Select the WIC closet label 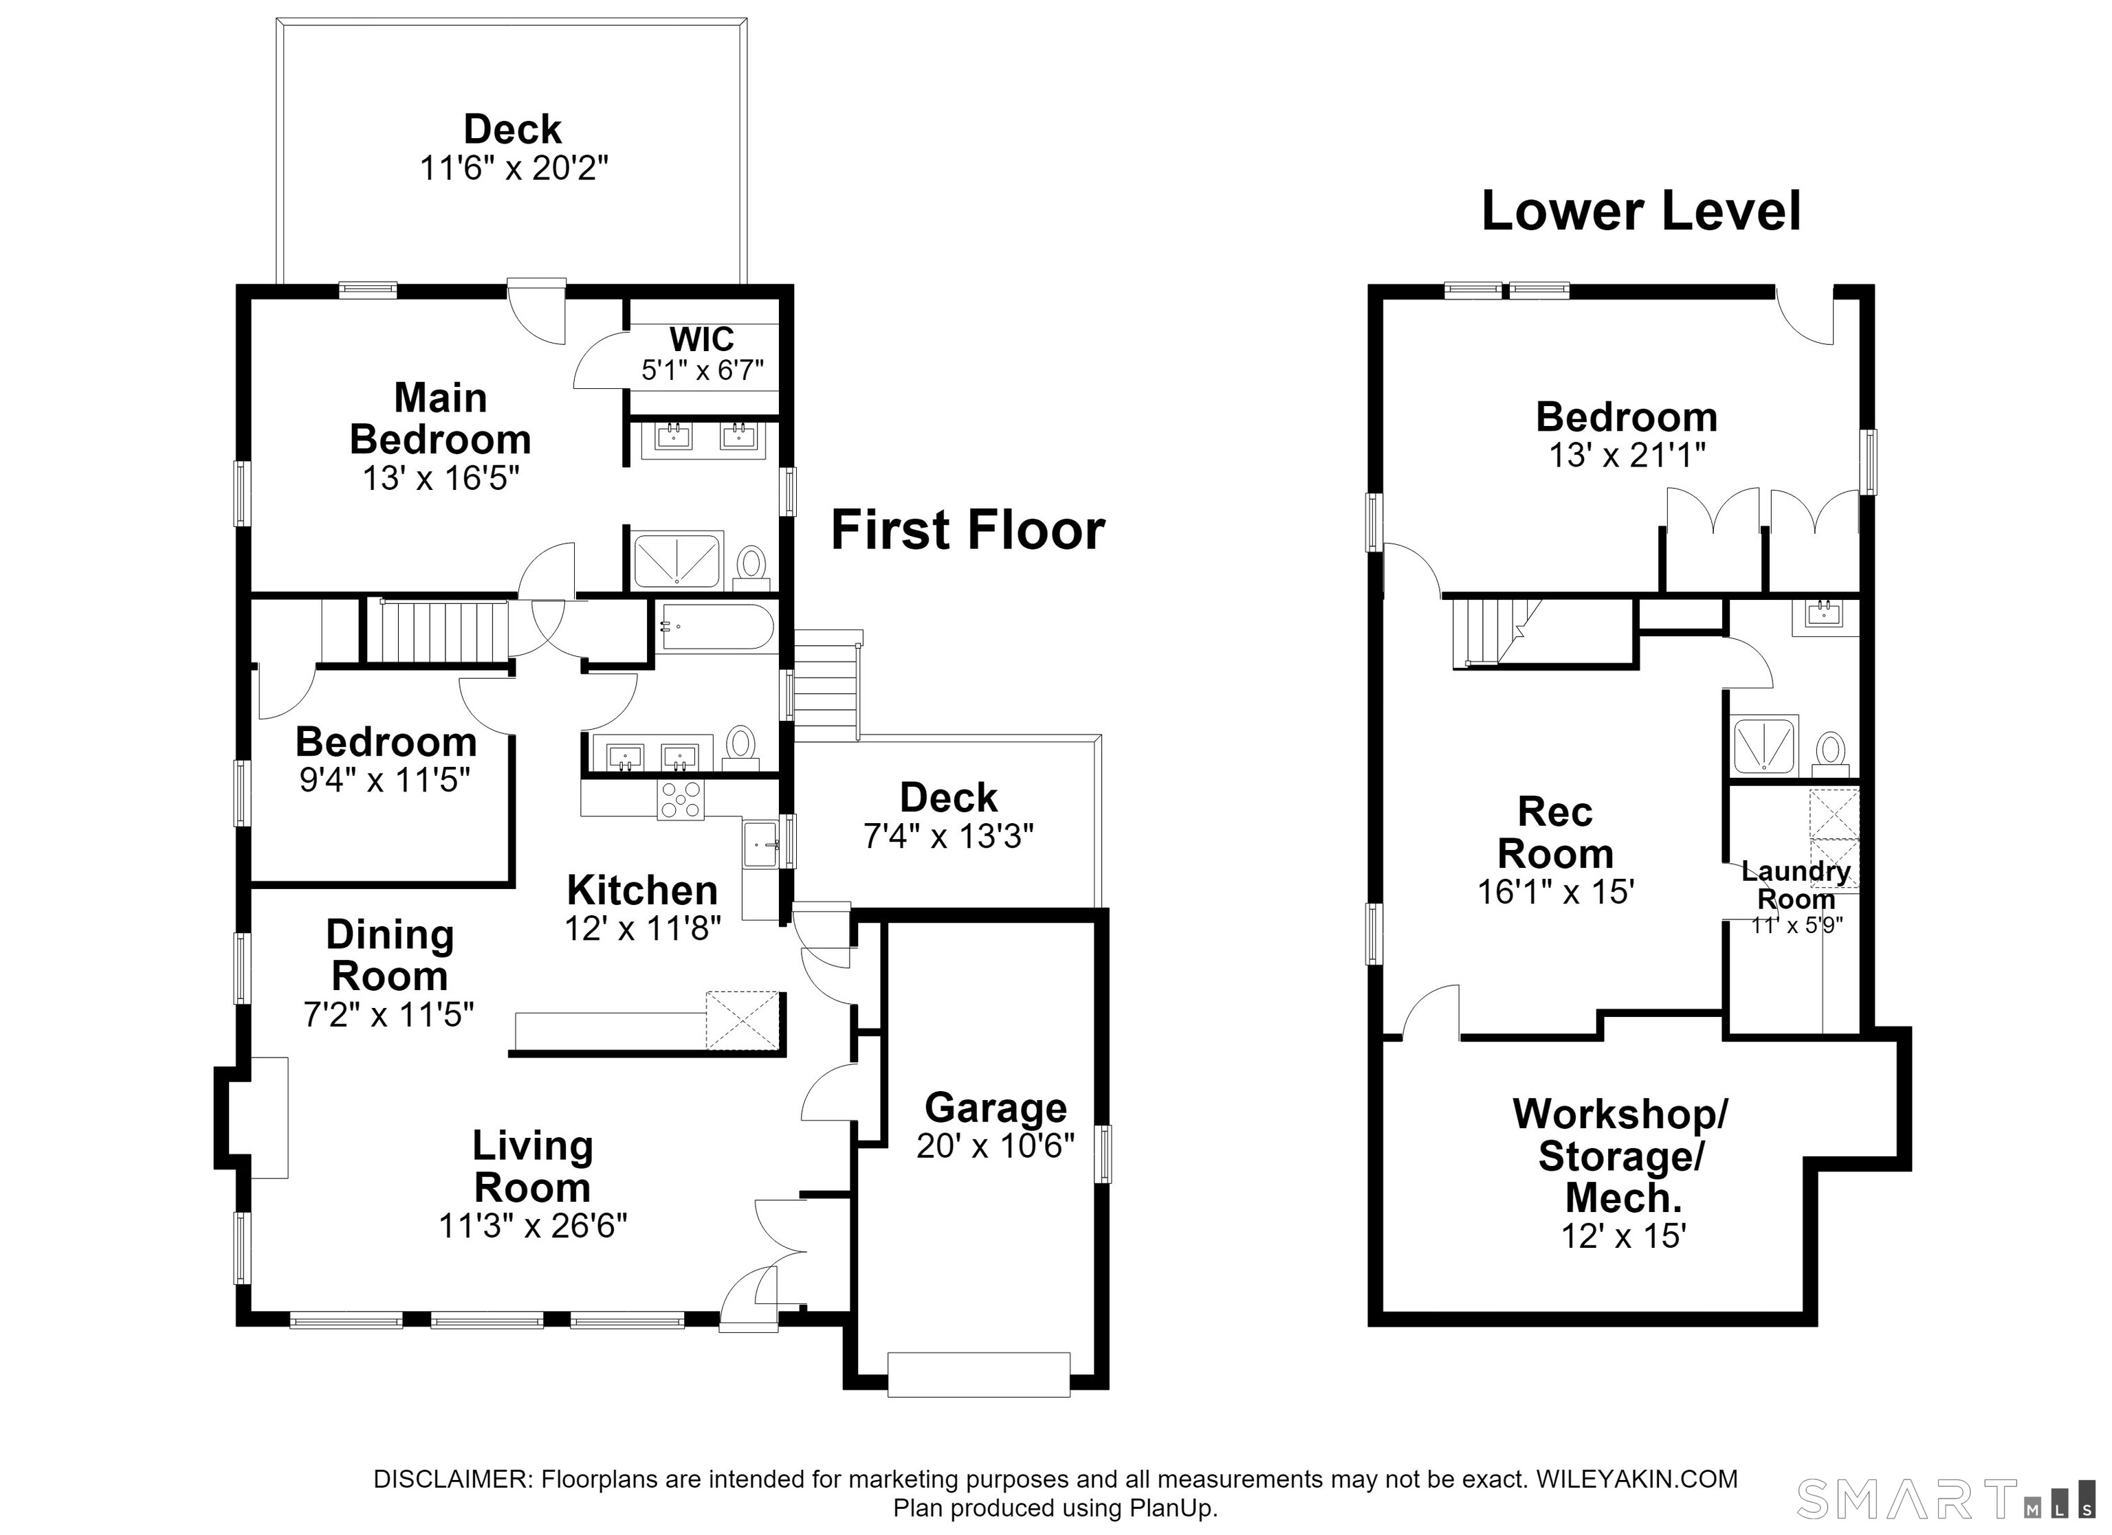tap(701, 339)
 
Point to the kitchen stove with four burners tap(681, 800)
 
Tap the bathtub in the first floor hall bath tap(716, 627)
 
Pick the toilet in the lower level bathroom tap(1831, 753)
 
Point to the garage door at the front tap(979, 1375)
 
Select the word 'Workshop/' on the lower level tap(1620, 1113)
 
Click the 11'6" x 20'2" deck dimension tap(514, 168)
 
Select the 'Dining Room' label tap(390, 955)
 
